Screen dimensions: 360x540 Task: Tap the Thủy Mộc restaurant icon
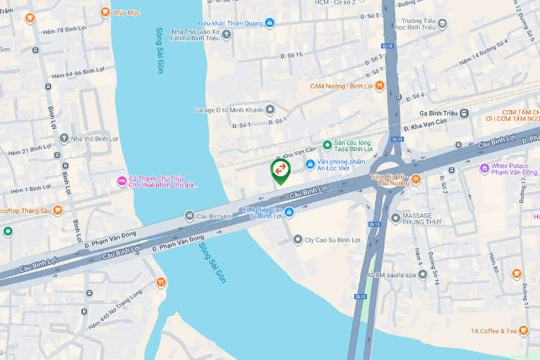pyautogui.click(x=105, y=12)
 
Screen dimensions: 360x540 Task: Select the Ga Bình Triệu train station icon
pyautogui.click(x=465, y=113)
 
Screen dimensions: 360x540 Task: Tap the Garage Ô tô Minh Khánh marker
pyautogui.click(x=270, y=109)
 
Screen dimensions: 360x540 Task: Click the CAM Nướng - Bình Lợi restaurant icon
pyautogui.click(x=379, y=86)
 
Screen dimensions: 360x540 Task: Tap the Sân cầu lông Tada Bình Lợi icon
pyautogui.click(x=327, y=145)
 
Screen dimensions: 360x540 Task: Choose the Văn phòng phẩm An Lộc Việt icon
pyautogui.click(x=310, y=163)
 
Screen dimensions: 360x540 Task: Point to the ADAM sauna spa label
pyautogui.click(x=391, y=275)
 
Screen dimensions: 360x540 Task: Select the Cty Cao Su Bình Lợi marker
pyautogui.click(x=297, y=239)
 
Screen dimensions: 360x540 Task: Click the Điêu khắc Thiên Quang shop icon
pyautogui.click(x=270, y=22)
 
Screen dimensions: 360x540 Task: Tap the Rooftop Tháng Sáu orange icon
pyautogui.click(x=58, y=210)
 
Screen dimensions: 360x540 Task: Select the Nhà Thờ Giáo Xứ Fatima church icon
pyautogui.click(x=228, y=34)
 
